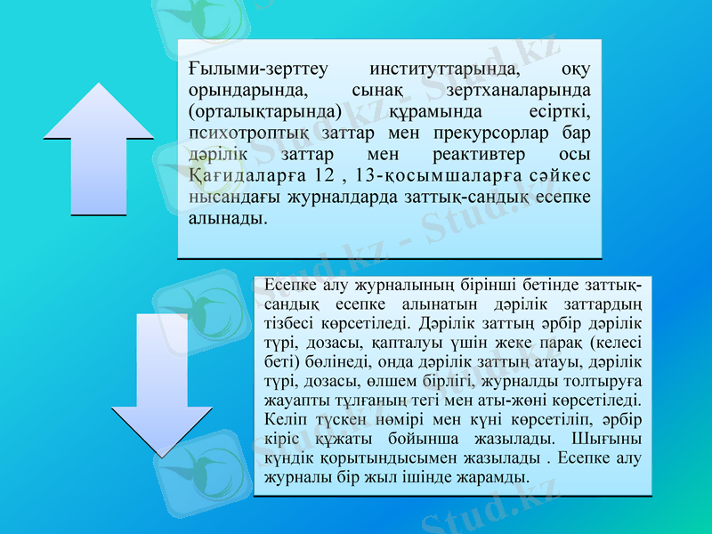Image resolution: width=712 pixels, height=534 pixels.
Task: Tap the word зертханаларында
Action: click(x=522, y=90)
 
